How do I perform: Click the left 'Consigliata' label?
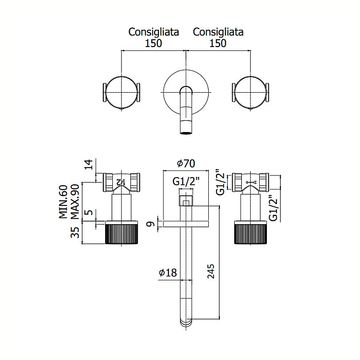tap(154, 32)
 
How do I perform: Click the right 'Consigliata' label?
tap(218, 32)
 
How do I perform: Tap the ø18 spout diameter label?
tap(168, 273)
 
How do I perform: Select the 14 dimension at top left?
tap(87, 165)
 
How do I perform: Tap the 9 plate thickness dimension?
tap(149, 223)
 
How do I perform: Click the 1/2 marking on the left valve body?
tap(122, 181)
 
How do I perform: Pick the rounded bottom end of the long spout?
tap(185, 321)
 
